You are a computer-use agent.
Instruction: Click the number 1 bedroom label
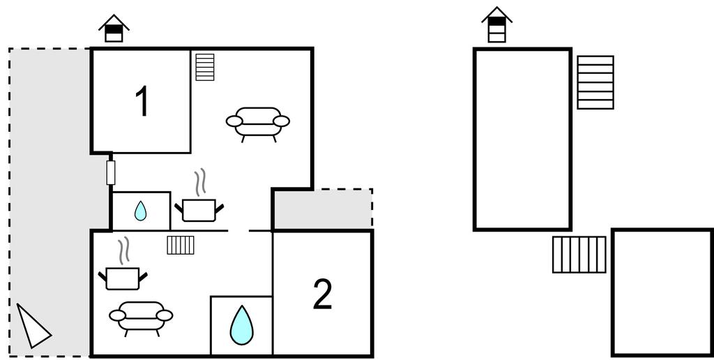[x=142, y=102]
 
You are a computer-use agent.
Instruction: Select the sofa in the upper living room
[x=258, y=123]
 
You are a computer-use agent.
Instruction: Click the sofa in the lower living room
[x=141, y=317]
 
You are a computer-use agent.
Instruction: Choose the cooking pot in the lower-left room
[x=123, y=278]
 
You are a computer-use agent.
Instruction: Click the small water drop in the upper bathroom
[x=141, y=211]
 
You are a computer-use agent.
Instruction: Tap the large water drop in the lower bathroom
[x=241, y=325]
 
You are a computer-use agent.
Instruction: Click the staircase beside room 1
[x=205, y=68]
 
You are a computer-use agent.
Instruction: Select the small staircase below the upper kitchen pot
[x=181, y=245]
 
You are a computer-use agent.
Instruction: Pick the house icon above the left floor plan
[x=114, y=29]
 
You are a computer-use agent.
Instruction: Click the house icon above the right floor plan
[x=496, y=26]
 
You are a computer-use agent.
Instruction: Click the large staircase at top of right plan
[x=595, y=82]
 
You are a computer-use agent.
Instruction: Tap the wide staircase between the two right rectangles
[x=579, y=254]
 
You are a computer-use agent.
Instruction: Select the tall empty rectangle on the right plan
[x=522, y=140]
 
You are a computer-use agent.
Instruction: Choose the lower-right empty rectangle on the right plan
[x=662, y=292]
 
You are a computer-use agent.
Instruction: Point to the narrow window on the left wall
[x=110, y=172]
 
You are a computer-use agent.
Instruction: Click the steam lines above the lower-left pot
[x=124, y=251]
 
